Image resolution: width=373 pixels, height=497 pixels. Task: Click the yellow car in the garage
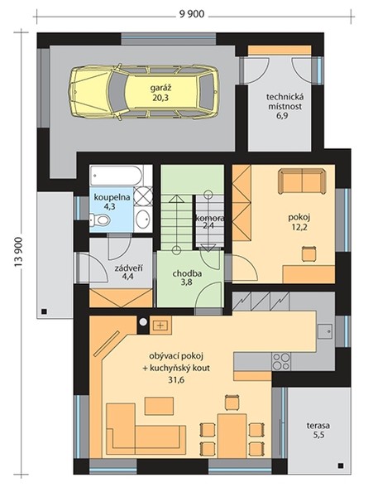pos(144,92)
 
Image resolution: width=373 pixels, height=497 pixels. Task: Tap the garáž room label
pos(160,88)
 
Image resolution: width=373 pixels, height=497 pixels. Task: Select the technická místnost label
pos(285,101)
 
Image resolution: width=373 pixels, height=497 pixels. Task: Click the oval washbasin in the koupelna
pos(143,219)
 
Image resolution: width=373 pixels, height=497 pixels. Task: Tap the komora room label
pos(210,219)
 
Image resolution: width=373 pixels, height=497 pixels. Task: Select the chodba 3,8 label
pos(187,278)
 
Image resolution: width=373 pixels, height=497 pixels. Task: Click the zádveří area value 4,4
pos(128,276)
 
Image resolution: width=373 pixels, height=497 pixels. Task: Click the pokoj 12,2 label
pos(299,222)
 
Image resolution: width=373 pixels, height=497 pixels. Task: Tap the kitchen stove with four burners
pos(281,362)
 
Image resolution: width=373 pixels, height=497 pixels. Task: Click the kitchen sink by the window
pos(325,332)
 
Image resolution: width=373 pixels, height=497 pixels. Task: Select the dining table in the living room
pos(232,435)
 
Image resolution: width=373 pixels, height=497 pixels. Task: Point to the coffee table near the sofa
pos(159,406)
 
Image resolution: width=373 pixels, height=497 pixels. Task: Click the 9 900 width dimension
pos(192,14)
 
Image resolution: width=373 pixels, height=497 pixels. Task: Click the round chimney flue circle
pos(143,322)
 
